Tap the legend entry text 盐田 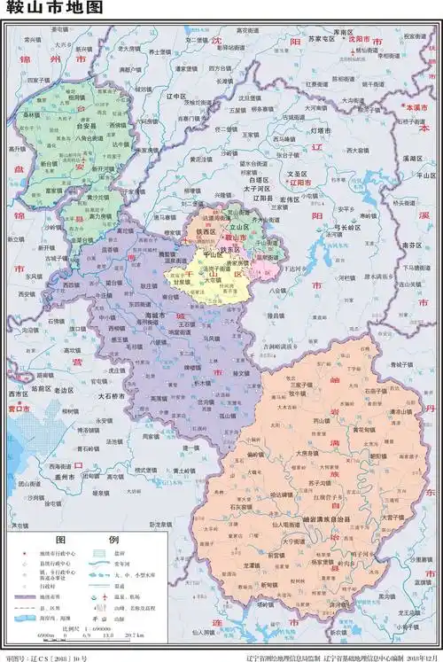tap(124, 554)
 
